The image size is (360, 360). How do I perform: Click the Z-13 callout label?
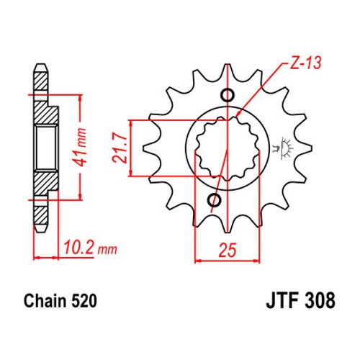(305, 63)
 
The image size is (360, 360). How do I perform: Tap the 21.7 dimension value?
(120, 149)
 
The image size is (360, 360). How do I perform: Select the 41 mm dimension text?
(79, 147)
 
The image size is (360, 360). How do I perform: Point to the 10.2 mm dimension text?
(90, 248)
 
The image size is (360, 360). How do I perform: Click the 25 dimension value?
(228, 250)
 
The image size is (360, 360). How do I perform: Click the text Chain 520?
(60, 300)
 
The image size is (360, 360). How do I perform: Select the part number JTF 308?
(300, 300)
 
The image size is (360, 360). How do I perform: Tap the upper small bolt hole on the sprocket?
(227, 95)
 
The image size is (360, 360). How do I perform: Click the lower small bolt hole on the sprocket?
(215, 200)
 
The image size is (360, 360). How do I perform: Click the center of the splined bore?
(227, 148)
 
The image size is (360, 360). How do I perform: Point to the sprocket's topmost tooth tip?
(227, 64)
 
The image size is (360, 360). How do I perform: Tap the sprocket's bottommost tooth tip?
(227, 233)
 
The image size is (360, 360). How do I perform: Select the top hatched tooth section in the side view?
(40, 81)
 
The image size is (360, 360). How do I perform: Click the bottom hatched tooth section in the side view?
(40, 215)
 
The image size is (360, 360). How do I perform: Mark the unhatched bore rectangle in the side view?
(46, 148)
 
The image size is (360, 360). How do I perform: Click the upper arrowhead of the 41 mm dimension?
(81, 98)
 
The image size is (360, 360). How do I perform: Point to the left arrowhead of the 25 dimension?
(198, 261)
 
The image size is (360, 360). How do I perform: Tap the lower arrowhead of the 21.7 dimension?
(131, 173)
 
